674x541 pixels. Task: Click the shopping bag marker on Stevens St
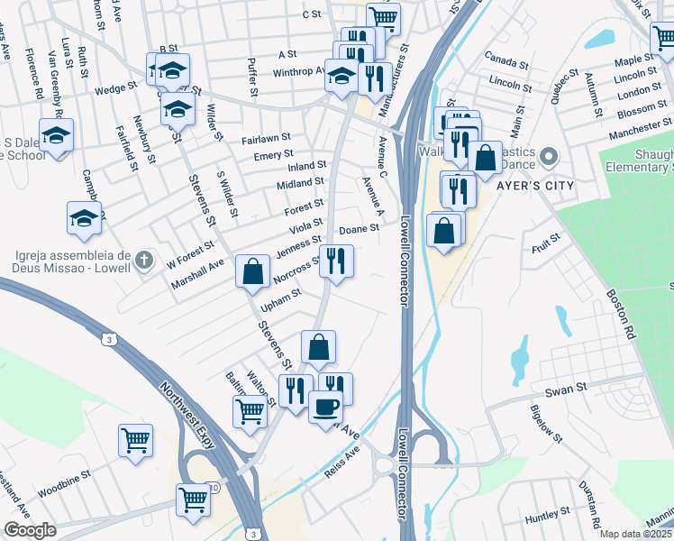(252, 270)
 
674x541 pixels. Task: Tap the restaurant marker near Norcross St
(336, 261)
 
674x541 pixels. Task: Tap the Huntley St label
(542, 517)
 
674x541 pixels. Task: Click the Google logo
(30, 530)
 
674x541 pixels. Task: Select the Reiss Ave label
(342, 461)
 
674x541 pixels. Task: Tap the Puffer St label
(253, 79)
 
